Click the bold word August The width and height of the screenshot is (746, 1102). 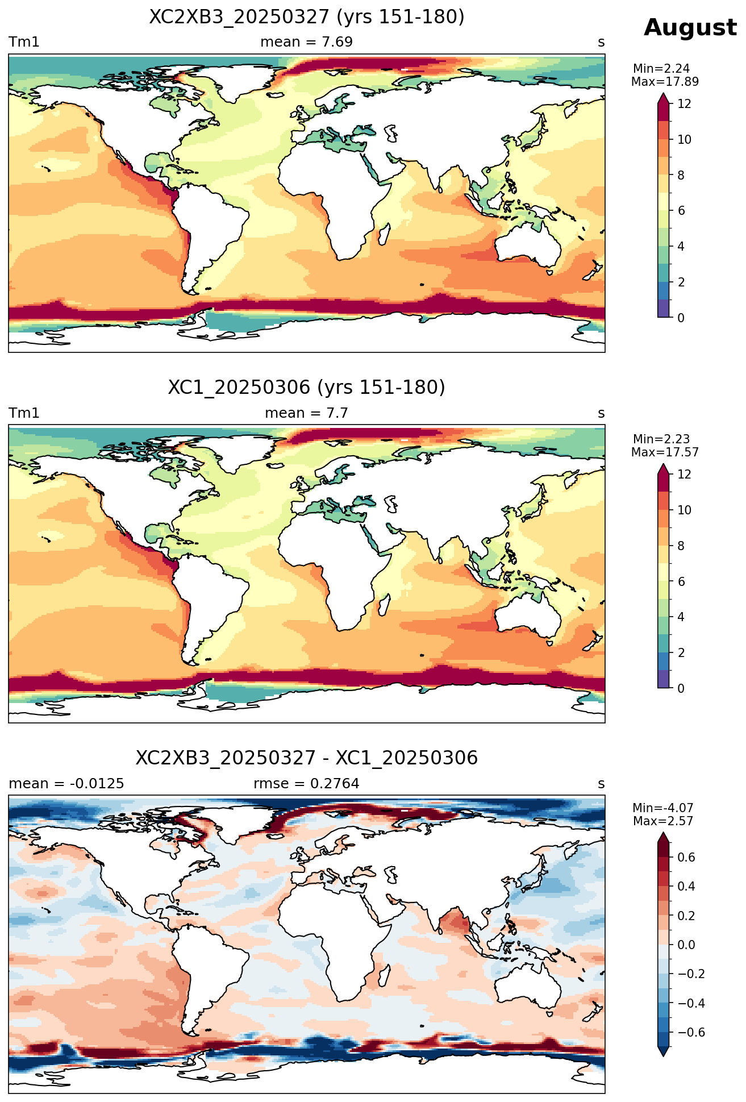coord(690,28)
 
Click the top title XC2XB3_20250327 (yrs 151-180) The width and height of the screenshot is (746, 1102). coord(307,17)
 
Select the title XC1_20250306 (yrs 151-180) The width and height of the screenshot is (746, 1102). coord(307,388)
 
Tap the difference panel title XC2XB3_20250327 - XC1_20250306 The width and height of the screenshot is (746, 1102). coord(307,758)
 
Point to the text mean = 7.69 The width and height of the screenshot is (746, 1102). coord(307,42)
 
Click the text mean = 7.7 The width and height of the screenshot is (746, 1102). coord(307,413)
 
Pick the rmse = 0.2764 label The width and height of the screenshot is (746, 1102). coord(307,784)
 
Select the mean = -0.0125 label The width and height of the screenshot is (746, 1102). coord(66,784)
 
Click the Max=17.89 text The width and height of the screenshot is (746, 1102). coord(665,82)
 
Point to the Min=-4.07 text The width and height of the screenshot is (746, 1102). coord(663,808)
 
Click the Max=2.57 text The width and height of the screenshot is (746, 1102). coord(663,821)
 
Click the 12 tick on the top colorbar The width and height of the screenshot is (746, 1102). coord(685,103)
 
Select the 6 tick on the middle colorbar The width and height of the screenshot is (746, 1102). coord(681,581)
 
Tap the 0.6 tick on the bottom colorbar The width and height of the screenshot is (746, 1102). coord(686,857)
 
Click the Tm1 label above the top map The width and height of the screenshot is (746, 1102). coord(24,42)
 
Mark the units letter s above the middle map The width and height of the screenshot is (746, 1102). coord(601,414)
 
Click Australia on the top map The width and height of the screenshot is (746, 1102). coord(528,243)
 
